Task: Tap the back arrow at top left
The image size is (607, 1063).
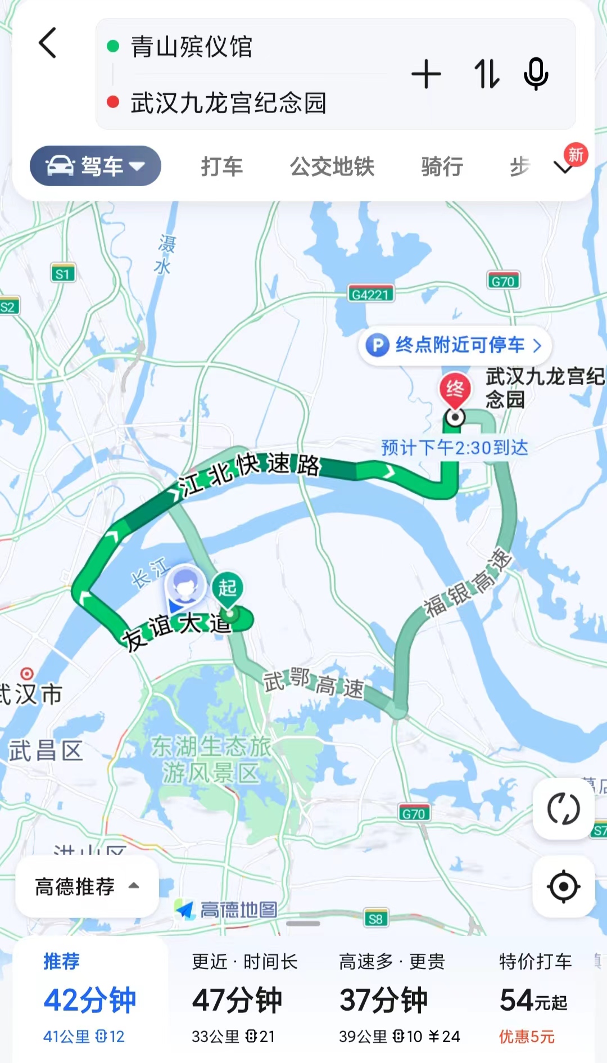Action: coord(48,43)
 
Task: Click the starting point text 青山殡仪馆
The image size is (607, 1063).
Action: coord(191,47)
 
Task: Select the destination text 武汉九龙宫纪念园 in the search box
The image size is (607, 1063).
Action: coord(228,103)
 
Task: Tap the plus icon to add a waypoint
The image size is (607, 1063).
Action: coord(426,74)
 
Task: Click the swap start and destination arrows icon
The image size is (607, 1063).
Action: coord(486,74)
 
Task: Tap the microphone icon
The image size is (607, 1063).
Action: coord(536,74)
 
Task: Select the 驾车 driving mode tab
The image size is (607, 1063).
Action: coord(96,166)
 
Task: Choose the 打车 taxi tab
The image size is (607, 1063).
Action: coord(222,166)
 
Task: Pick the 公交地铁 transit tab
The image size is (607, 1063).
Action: coord(332,166)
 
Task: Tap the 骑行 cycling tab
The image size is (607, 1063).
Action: coord(442,166)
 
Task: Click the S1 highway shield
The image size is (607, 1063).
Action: coord(62,274)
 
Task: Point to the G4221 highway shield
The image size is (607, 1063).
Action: coord(370,294)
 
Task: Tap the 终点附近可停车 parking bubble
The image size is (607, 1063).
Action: coord(455,345)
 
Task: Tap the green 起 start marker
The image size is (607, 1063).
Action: coord(228,588)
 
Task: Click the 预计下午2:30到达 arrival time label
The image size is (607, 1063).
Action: coord(455,448)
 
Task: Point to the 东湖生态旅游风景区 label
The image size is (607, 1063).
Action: coord(211,759)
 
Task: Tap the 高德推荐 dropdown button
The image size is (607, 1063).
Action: coord(87,886)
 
